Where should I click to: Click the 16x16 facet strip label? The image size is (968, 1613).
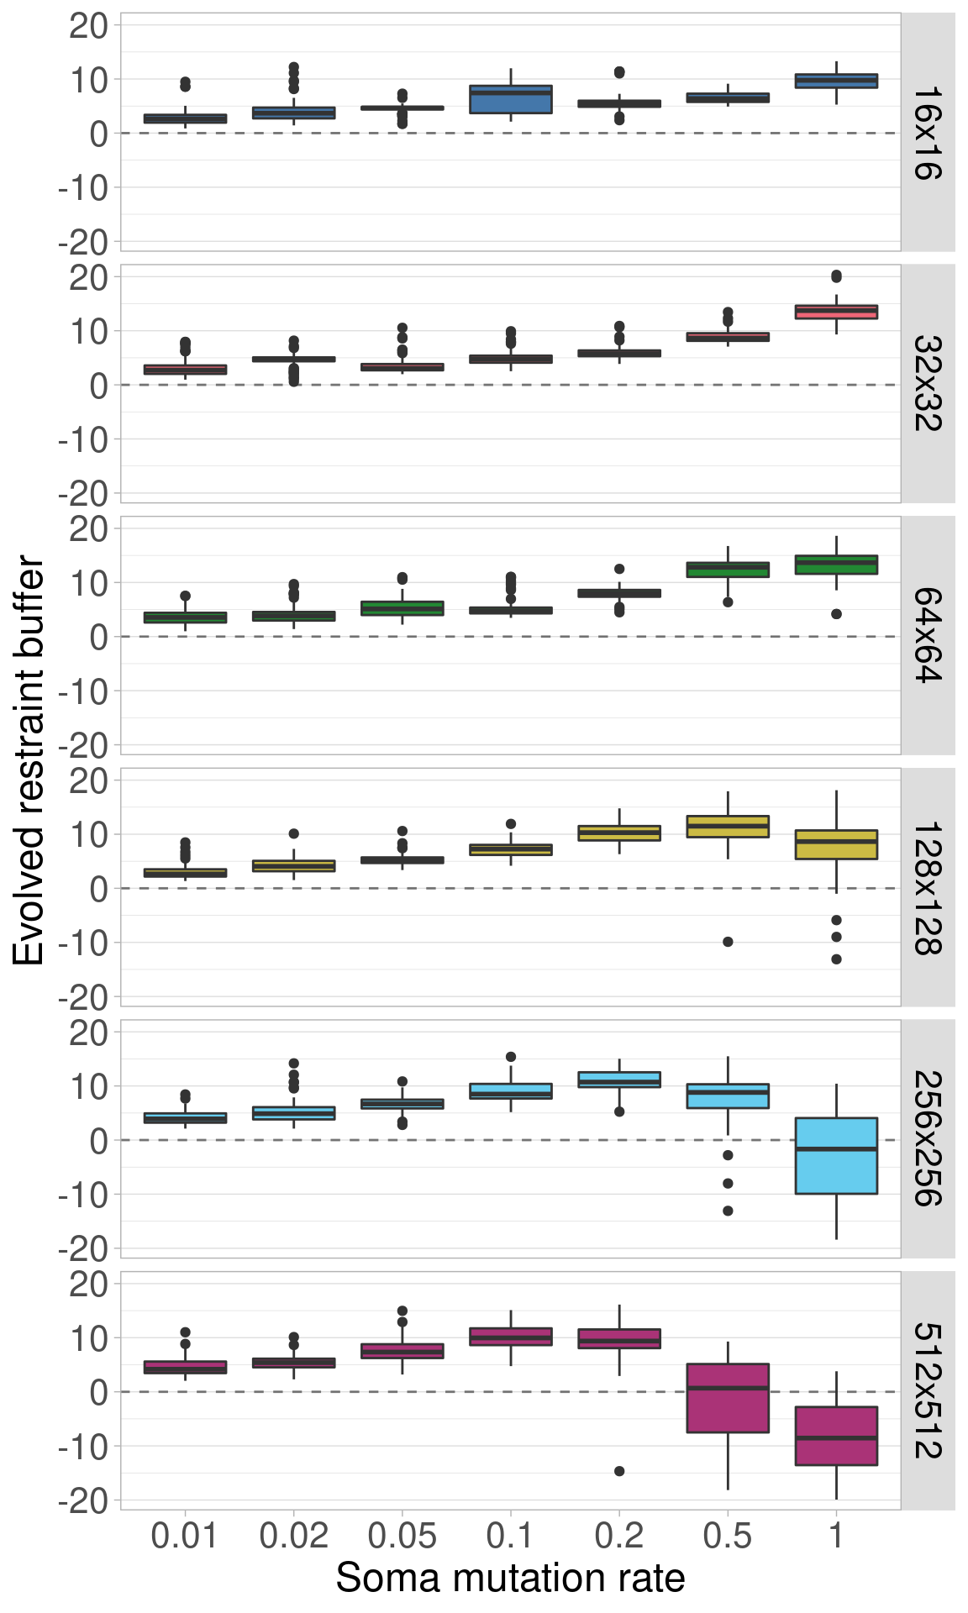pyautogui.click(x=928, y=133)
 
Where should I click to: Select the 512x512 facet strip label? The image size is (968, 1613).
pyautogui.click(x=928, y=1390)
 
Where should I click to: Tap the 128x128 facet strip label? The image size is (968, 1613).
pyautogui.click(x=928, y=887)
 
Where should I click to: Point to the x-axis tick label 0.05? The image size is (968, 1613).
pyautogui.click(x=402, y=1537)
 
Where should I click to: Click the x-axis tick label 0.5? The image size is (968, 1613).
pyautogui.click(x=728, y=1537)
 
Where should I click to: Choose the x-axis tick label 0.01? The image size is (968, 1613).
pyautogui.click(x=185, y=1537)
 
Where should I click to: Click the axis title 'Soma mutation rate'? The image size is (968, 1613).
pyautogui.click(x=510, y=1579)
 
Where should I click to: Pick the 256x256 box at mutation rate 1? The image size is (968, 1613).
pyautogui.click(x=836, y=1155)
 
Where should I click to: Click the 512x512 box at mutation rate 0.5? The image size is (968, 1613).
pyautogui.click(x=728, y=1398)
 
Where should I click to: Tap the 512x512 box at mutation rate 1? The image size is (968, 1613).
pyautogui.click(x=836, y=1436)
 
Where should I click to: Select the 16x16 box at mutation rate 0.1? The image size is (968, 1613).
pyautogui.click(x=511, y=99)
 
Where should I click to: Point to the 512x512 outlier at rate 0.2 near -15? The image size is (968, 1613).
pyautogui.click(x=619, y=1471)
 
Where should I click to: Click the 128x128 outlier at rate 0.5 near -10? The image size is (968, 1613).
pyautogui.click(x=728, y=942)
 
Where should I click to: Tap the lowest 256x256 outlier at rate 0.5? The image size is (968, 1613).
pyautogui.click(x=728, y=1211)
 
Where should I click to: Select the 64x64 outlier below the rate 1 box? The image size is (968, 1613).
pyautogui.click(x=836, y=614)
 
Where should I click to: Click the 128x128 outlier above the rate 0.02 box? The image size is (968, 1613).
pyautogui.click(x=294, y=833)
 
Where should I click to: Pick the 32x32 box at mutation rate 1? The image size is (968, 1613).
pyautogui.click(x=836, y=312)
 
